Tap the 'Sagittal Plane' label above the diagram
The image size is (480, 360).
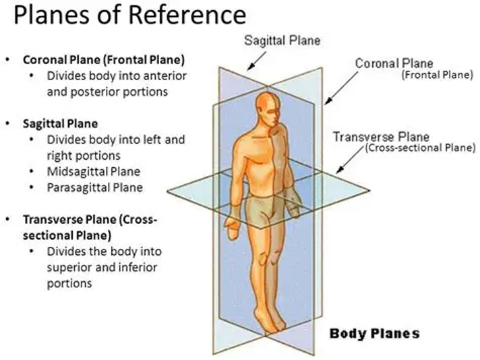coord(282,40)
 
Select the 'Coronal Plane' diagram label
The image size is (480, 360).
coord(394,63)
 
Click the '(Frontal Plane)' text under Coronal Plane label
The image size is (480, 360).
coord(438,75)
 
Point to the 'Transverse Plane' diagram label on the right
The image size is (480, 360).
coord(381,137)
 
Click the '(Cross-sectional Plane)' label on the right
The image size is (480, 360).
coord(420,148)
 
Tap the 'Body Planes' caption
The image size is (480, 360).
coord(374,333)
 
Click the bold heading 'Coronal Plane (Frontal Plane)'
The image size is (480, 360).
coord(104,59)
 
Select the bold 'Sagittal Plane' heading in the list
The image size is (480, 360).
coord(61,123)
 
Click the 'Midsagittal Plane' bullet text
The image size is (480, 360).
coord(94,171)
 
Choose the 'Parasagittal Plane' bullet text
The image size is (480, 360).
coord(95,187)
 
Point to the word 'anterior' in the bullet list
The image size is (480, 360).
coord(164,76)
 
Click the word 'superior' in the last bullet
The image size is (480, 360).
coord(71,268)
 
